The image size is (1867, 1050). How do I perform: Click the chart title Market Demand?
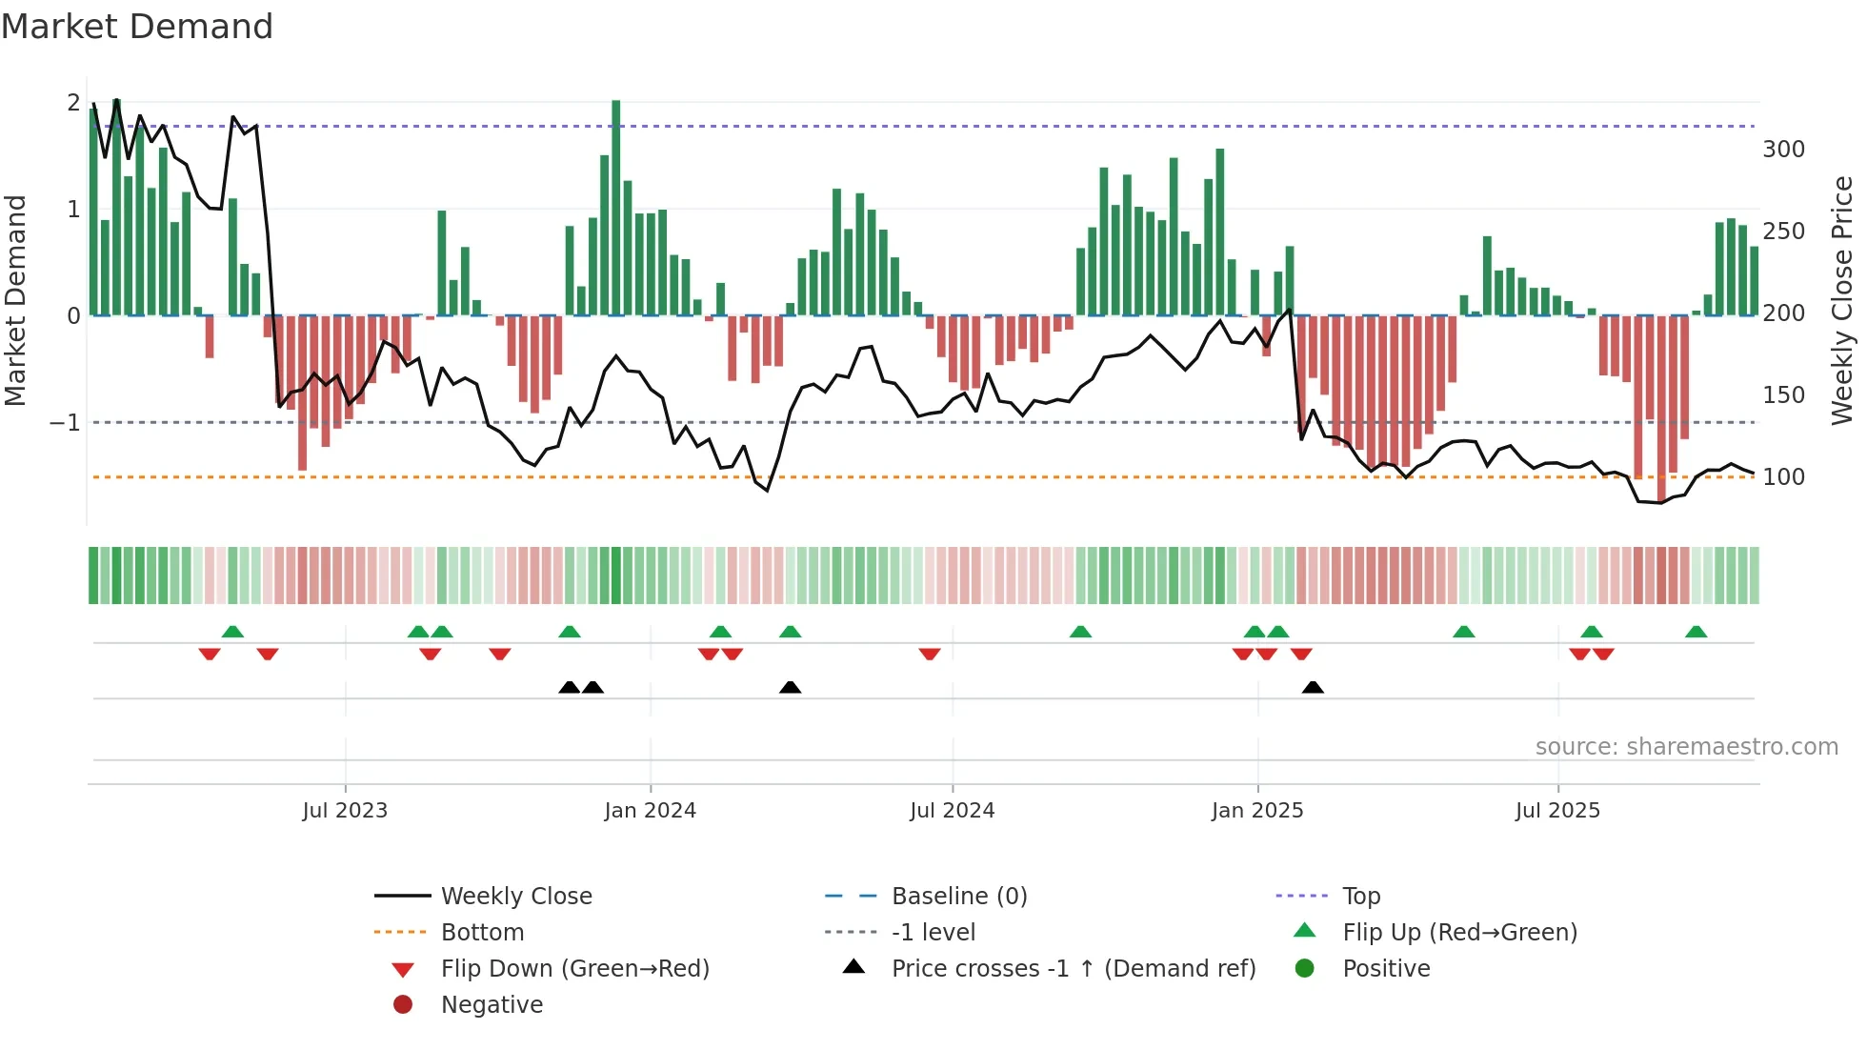(137, 27)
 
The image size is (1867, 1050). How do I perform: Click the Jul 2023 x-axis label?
(345, 811)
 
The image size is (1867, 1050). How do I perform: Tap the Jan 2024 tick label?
(650, 811)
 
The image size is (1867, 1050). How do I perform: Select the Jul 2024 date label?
(952, 811)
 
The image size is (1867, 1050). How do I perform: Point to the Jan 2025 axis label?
(1257, 811)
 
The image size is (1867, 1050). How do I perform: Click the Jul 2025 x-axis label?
(1557, 811)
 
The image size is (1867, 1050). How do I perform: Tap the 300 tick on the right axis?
(1783, 150)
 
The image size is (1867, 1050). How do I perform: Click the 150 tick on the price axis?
(1783, 395)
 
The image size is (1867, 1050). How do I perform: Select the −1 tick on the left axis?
(65, 422)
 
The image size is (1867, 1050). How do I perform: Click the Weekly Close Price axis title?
(1842, 300)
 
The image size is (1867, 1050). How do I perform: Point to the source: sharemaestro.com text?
(1686, 747)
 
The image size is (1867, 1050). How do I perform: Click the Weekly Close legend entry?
(515, 897)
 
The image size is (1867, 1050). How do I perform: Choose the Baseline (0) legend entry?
(958, 897)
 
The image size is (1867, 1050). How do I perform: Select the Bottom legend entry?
(482, 933)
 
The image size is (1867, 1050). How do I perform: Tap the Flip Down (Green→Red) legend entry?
(574, 969)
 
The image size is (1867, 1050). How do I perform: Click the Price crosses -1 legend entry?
(1073, 969)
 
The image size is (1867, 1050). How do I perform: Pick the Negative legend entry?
(492, 1005)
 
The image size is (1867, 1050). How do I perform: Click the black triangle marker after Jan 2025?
(1313, 687)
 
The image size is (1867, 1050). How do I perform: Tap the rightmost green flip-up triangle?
(1696, 632)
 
